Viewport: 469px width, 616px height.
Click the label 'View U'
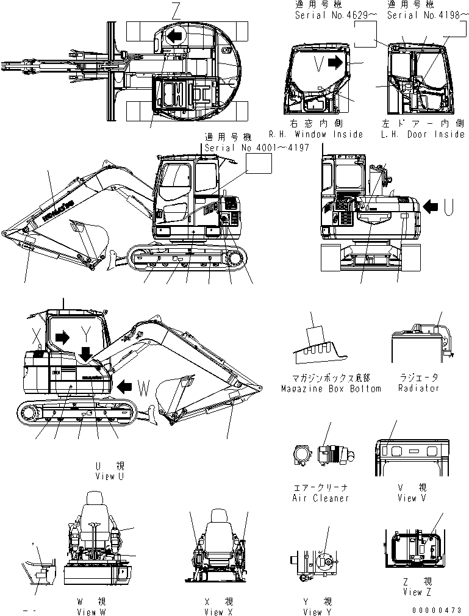110,476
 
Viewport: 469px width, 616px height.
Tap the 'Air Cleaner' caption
321,498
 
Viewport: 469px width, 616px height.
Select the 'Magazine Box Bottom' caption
331,389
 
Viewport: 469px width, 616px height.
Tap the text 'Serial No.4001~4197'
257,148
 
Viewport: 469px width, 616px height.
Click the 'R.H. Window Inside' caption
316,134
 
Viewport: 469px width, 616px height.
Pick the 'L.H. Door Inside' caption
422,134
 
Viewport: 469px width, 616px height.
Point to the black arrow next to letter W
125,385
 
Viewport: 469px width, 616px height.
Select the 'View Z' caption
412,592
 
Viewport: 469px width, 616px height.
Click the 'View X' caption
219,612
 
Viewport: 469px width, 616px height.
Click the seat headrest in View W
95,499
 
